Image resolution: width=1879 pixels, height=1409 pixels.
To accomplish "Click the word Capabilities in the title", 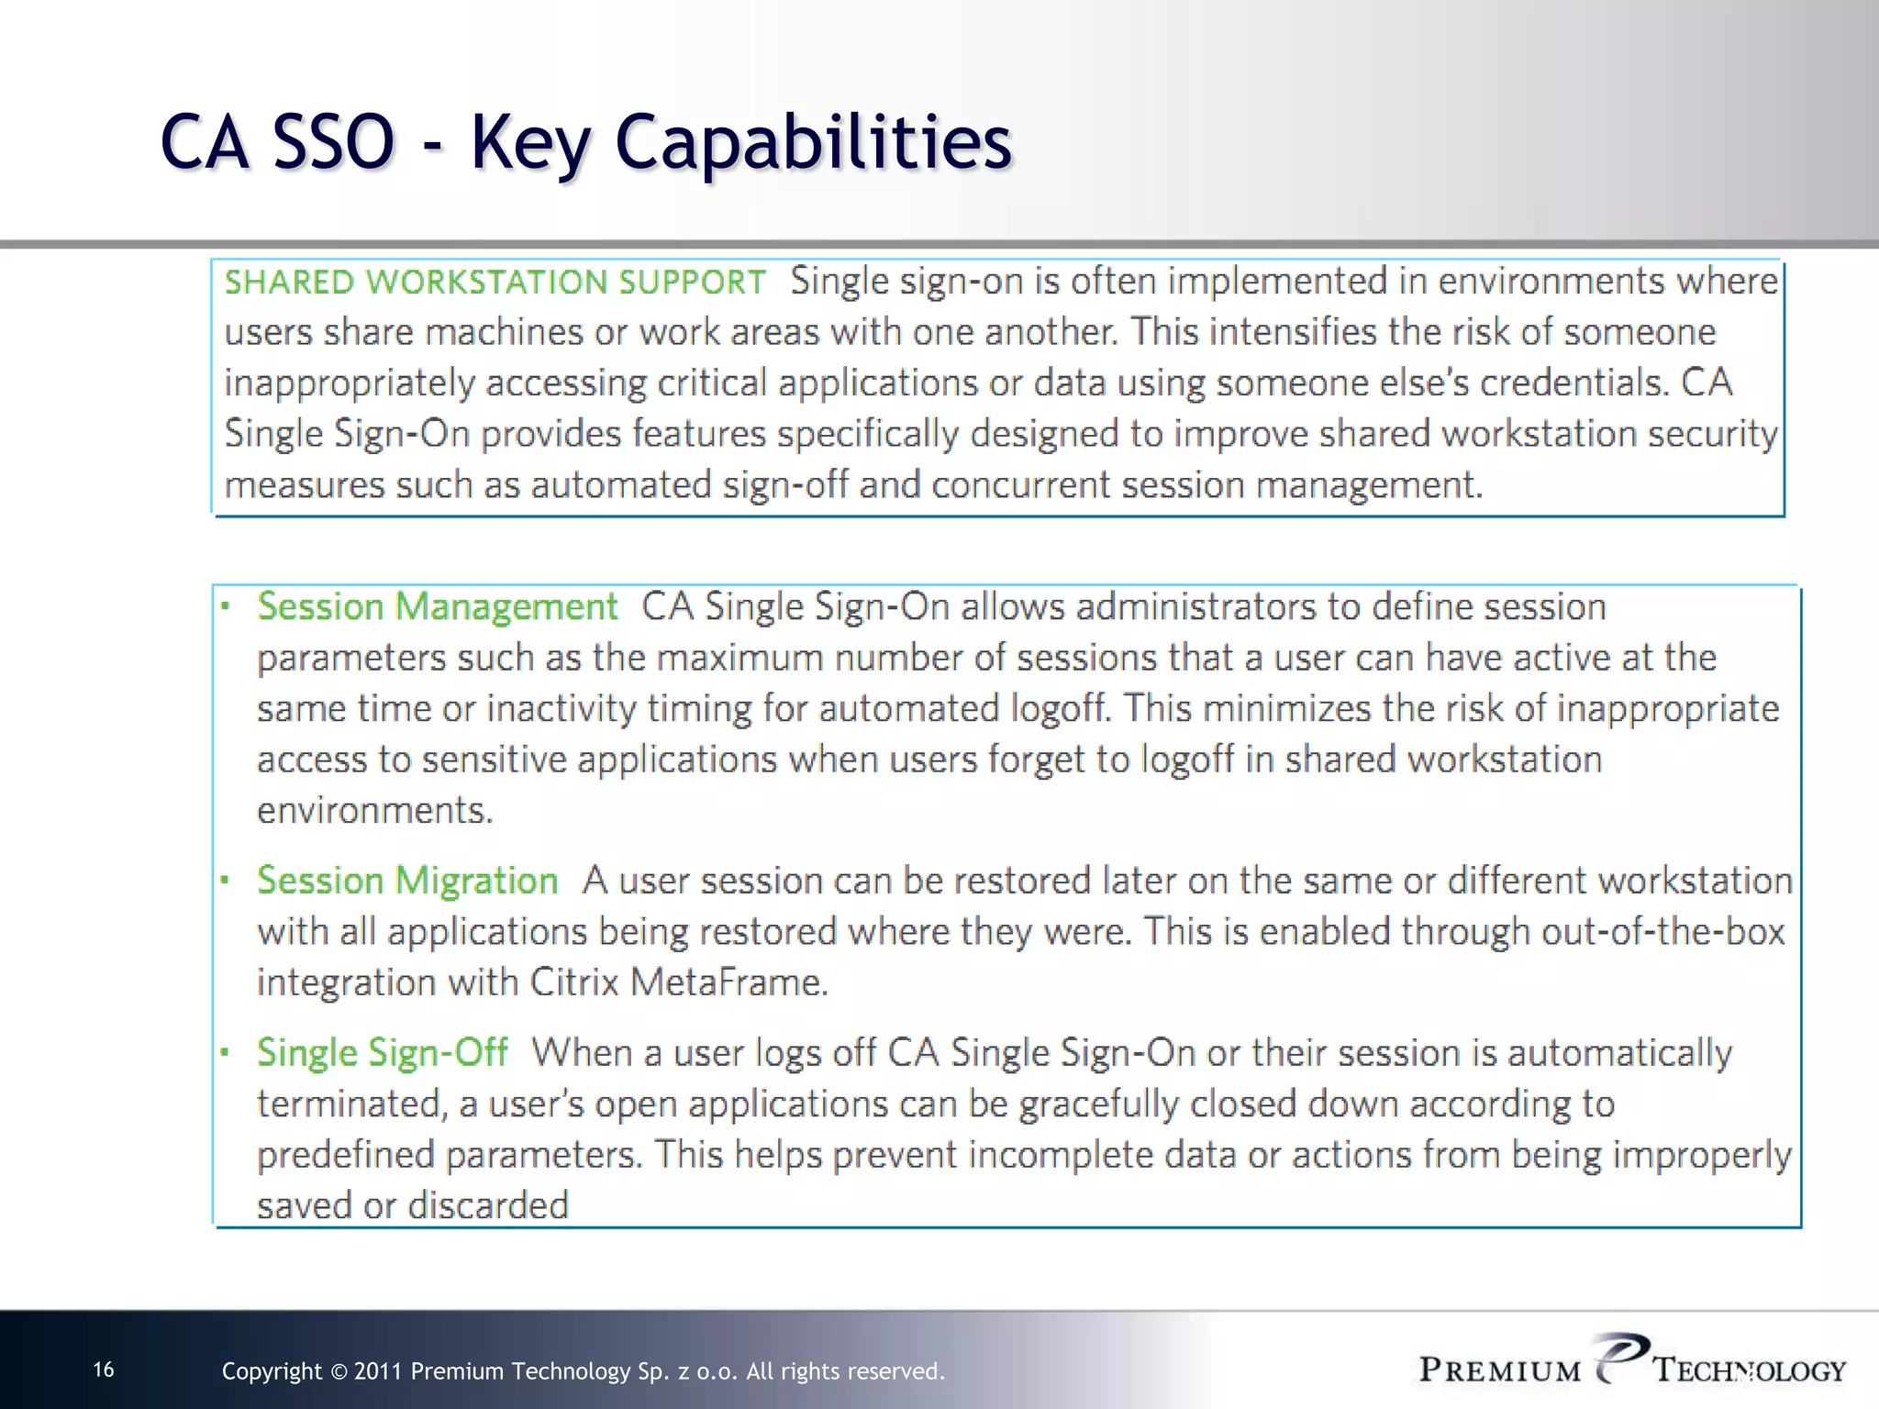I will pos(813,142).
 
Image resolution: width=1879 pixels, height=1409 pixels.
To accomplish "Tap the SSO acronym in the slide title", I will pos(334,142).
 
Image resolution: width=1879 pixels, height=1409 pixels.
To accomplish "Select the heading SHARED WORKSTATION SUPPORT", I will pos(495,282).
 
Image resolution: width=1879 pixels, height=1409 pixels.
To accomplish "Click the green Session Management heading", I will pos(437,606).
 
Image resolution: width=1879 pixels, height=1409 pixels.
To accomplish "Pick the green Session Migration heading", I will pos(407,881).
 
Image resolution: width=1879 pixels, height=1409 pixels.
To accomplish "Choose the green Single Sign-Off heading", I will pos(382,1052).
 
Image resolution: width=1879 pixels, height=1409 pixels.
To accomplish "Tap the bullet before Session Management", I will pos(225,606).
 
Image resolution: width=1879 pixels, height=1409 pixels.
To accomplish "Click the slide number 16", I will pos(104,1370).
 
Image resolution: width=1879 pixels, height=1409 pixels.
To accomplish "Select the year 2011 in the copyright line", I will pos(377,1371).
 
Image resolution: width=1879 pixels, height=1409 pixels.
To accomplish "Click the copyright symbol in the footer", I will pos(339,1372).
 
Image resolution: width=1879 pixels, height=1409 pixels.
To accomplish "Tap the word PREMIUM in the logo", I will pos(1499,1370).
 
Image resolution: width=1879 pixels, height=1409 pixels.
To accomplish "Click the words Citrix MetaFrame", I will pos(679,982).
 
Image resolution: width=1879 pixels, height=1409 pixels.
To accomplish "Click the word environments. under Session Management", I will pos(374,811).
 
